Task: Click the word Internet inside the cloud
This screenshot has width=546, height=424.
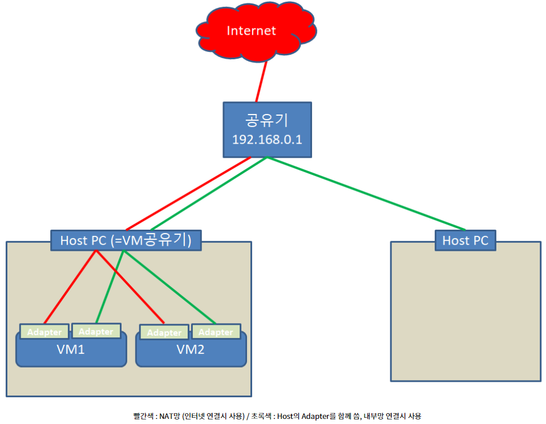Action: [x=251, y=31]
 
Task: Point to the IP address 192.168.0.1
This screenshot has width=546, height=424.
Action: [x=266, y=140]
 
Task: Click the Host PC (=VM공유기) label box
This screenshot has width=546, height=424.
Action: [x=126, y=240]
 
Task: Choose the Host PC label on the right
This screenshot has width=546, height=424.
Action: [x=465, y=240]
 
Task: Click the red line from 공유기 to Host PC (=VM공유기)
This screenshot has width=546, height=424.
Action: [x=188, y=194]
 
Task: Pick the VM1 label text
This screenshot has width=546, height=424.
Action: [x=71, y=349]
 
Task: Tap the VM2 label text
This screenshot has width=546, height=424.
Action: [x=191, y=349]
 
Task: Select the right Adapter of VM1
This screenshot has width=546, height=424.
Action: [x=96, y=331]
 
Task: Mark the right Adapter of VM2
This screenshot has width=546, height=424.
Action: [x=216, y=332]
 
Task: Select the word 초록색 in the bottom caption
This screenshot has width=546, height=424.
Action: [x=262, y=417]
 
